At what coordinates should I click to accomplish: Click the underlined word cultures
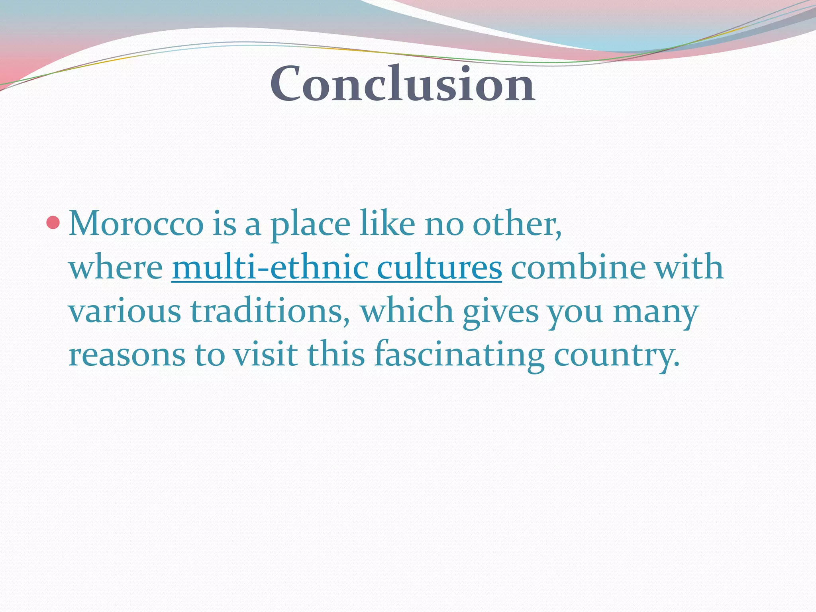pyautogui.click(x=439, y=267)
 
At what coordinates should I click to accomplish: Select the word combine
pyautogui.click(x=578, y=267)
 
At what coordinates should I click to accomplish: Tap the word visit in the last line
pyautogui.click(x=265, y=355)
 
